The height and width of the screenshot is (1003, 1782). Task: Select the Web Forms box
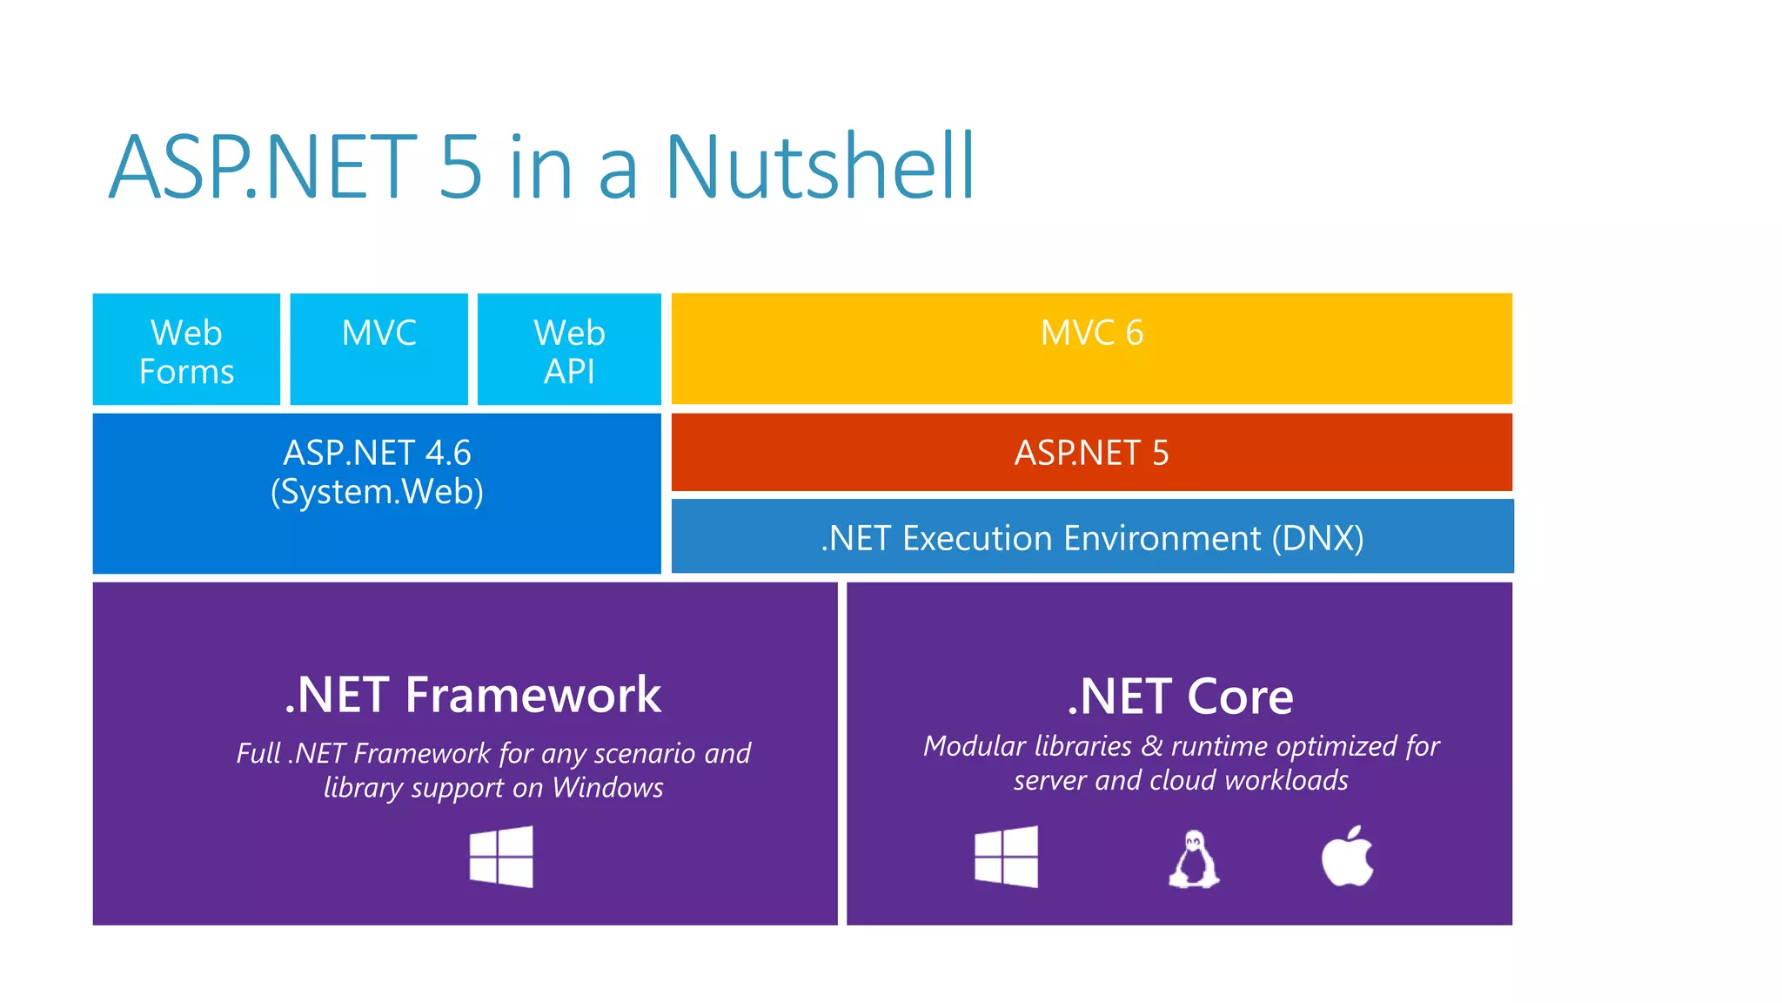(186, 350)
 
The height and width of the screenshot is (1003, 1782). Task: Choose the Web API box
(569, 351)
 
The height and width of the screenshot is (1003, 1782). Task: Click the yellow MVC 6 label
(1091, 333)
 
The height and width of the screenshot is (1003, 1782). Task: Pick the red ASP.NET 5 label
(1091, 454)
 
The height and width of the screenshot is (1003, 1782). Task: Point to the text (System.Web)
(377, 492)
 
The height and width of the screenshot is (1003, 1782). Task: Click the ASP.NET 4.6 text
(377, 454)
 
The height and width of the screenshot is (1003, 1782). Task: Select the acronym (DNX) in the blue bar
(1317, 539)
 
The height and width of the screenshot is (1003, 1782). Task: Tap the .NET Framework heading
(472, 696)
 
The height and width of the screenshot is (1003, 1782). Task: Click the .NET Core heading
(1180, 697)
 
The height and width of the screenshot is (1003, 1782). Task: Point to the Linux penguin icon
(1194, 859)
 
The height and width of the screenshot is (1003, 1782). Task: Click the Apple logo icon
(1347, 857)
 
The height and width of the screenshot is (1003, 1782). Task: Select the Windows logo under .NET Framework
(501, 858)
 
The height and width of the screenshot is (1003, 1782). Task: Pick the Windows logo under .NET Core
(1006, 858)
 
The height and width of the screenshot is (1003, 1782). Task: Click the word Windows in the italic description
(607, 788)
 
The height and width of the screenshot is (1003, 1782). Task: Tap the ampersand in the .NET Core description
(1152, 746)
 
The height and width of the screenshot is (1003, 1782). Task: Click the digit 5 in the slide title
(460, 166)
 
